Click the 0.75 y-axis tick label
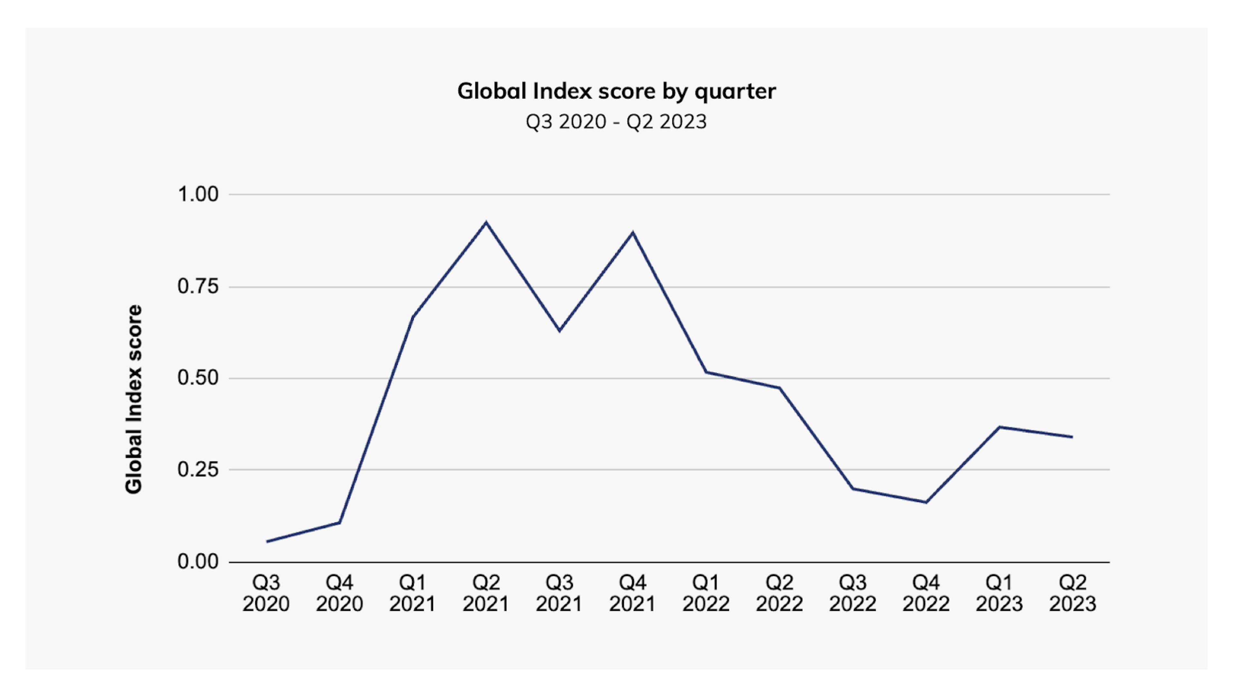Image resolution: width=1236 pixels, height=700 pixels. pyautogui.click(x=198, y=287)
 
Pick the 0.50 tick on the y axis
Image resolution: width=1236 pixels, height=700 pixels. pyautogui.click(x=198, y=378)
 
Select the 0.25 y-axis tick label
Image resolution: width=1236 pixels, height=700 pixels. pyautogui.click(x=198, y=469)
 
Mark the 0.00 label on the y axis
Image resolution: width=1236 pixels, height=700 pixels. pyautogui.click(x=198, y=561)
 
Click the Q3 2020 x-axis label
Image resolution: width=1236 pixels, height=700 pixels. pyautogui.click(x=266, y=593)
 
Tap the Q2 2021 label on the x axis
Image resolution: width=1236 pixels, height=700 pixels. pyautogui.click(x=486, y=593)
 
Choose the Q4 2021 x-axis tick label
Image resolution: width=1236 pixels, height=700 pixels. pyautogui.click(x=632, y=593)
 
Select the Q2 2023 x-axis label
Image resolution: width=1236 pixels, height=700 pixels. pyautogui.click(x=1072, y=593)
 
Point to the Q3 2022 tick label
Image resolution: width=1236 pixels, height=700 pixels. pyautogui.click(x=853, y=593)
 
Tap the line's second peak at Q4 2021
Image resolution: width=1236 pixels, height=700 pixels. pyautogui.click(x=633, y=233)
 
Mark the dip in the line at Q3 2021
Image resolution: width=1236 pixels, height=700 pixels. pyautogui.click(x=559, y=331)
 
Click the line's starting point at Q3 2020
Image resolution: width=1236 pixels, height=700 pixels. pyautogui.click(x=267, y=541)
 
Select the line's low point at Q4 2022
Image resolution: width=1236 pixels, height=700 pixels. pyautogui.click(x=926, y=502)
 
